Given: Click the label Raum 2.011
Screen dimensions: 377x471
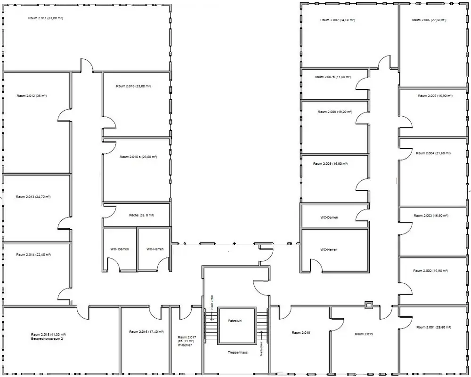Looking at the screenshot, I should (45, 18).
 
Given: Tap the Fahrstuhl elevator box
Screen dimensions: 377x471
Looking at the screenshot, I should (235, 326).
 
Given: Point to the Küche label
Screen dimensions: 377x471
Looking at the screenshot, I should (141, 215).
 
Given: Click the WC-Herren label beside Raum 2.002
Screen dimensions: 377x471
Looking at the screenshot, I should (329, 249).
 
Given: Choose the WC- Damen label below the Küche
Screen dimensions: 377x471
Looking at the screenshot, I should (120, 249).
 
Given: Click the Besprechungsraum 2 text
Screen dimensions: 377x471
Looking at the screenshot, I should (47, 338).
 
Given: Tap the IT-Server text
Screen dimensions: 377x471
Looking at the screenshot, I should (185, 345).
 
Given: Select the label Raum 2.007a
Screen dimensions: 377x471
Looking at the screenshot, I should (333, 77).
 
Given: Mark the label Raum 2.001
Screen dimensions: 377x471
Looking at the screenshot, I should (432, 327).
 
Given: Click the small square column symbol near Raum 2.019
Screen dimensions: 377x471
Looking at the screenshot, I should (369, 305).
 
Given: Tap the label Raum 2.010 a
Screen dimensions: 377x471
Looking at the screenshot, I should (138, 157).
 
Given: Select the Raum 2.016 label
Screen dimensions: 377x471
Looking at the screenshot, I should (146, 332).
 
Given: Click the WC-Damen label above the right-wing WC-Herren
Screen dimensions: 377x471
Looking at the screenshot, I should (329, 217).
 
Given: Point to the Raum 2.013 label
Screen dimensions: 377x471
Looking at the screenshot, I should (33, 197).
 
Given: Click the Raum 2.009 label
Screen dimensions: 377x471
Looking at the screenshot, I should (330, 164).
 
